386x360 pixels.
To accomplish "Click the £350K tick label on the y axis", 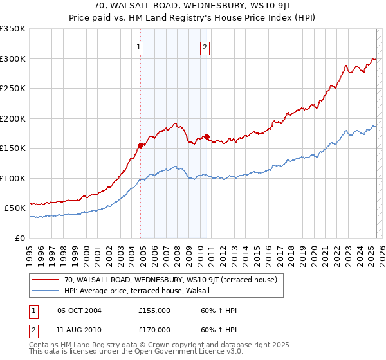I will click(x=13, y=29).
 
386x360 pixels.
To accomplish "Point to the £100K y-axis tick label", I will click(x=13, y=178).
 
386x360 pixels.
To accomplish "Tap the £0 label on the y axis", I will click(x=20, y=238).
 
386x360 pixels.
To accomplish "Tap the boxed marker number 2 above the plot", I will click(x=205, y=47).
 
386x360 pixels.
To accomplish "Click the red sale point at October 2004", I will click(x=140, y=145).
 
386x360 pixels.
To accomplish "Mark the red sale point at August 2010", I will click(x=207, y=136).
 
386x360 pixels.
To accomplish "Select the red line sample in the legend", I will click(x=46, y=280).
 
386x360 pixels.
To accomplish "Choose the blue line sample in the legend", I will click(x=46, y=291).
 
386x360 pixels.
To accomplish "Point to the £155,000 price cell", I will click(x=154, y=310).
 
